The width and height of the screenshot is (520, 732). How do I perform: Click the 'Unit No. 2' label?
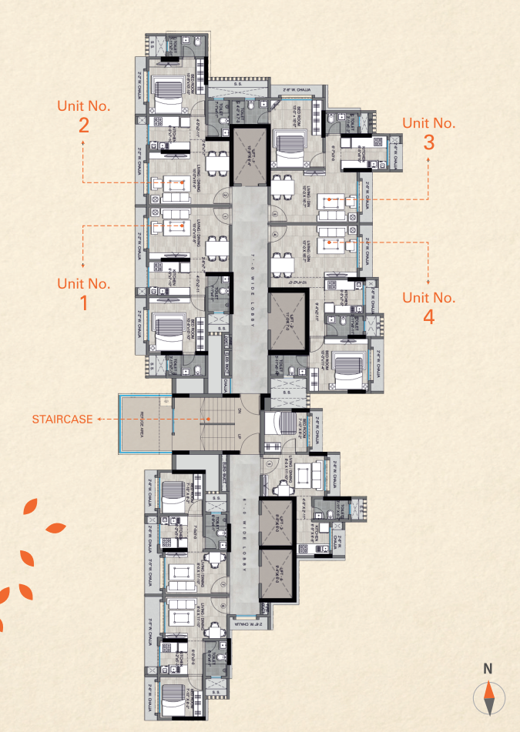[83, 115]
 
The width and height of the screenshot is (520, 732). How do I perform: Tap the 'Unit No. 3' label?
[428, 132]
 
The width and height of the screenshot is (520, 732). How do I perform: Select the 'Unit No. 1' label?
[83, 292]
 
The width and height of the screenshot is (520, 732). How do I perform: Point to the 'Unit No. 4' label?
[428, 307]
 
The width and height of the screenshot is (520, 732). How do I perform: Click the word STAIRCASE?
[62, 419]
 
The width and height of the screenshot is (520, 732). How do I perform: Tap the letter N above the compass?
[487, 669]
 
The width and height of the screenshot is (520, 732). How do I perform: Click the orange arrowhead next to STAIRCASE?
[98, 419]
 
